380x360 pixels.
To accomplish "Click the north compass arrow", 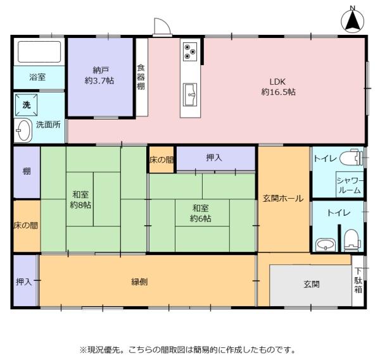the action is [353, 22].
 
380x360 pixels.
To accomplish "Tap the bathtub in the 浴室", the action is [39, 52].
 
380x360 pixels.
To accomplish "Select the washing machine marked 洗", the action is [27, 105].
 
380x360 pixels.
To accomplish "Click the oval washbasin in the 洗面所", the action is [23, 130].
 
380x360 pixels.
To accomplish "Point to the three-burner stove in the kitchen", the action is [190, 52].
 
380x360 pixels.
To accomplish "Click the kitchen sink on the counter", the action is [190, 95].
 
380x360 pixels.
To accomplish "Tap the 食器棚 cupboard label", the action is [141, 77].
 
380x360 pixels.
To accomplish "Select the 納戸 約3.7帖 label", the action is [99, 75].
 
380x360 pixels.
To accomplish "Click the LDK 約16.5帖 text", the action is [278, 87].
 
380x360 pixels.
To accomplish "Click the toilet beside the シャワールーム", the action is [351, 158].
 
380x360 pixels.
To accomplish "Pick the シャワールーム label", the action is [350, 185].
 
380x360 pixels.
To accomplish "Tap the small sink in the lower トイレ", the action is [326, 245].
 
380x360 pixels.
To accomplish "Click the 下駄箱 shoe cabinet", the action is [358, 280].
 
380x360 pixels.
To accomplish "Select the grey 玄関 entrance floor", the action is [311, 285].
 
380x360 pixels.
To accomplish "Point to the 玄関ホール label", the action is [283, 199].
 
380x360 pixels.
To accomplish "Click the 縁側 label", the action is [139, 282].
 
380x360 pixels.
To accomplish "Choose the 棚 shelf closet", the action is [27, 172].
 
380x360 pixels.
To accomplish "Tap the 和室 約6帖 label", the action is [200, 213].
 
